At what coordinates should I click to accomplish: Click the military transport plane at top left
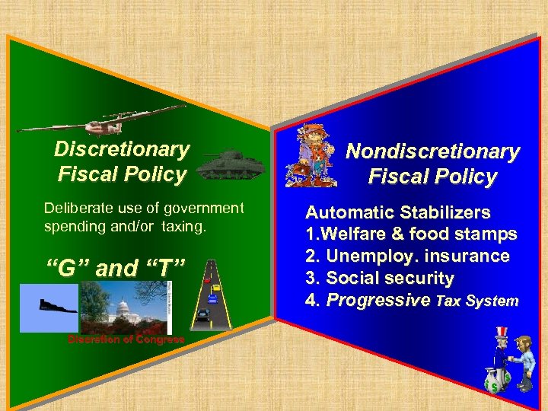pyautogui.click(x=76, y=121)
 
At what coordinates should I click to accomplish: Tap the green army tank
pyautogui.click(x=231, y=162)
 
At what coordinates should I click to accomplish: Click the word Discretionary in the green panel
pyautogui.click(x=122, y=149)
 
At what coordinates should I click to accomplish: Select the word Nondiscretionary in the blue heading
pyautogui.click(x=432, y=151)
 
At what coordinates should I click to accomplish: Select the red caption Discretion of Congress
pyautogui.click(x=126, y=339)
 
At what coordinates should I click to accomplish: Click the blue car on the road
pyautogui.click(x=212, y=298)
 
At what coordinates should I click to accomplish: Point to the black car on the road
pyautogui.click(x=202, y=313)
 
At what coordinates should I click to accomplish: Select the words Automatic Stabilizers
pyautogui.click(x=397, y=212)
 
